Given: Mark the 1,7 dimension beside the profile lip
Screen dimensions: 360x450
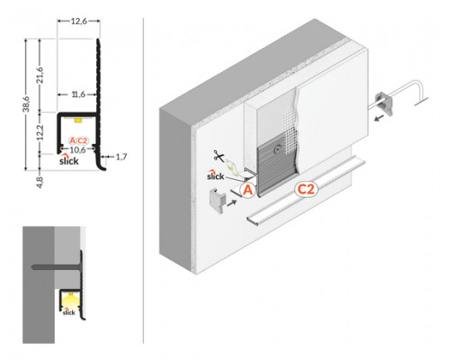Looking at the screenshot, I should (122, 157).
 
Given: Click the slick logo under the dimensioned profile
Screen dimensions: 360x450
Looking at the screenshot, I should (70, 163).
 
